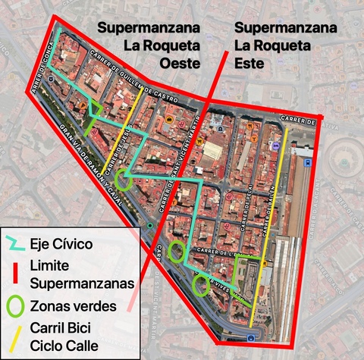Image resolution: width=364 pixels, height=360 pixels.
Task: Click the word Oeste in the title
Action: (179, 62)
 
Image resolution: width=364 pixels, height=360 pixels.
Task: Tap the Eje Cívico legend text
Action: (61, 244)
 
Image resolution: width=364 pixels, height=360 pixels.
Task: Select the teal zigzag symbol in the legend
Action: (15, 244)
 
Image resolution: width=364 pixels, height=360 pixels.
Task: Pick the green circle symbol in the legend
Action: (15, 306)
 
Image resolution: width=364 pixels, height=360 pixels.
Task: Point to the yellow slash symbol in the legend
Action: (15, 337)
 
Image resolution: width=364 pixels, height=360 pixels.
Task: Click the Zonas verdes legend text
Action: (73, 306)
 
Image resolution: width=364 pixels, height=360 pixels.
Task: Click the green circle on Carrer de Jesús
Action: (124, 180)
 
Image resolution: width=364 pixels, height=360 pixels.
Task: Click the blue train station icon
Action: (307, 162)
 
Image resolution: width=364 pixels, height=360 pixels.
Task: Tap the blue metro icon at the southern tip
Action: (251, 339)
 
